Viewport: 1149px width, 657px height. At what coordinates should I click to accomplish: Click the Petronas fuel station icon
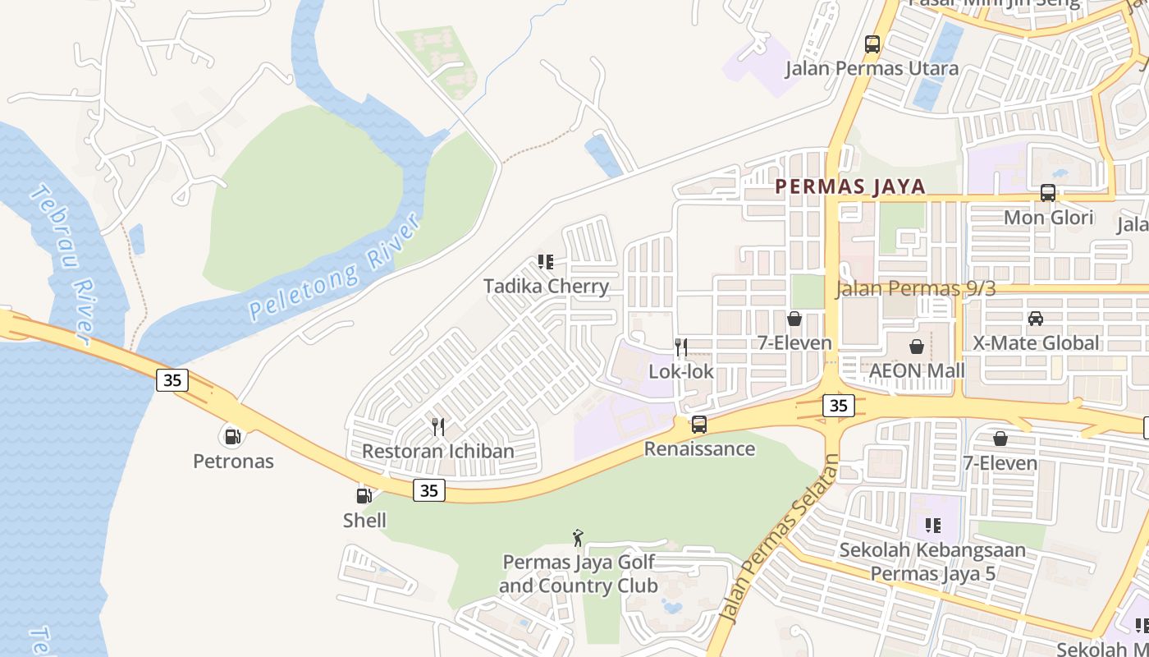pos(233,436)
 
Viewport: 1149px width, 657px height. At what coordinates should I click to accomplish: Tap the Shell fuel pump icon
pos(364,495)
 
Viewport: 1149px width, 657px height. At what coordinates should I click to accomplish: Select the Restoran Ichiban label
pos(437,451)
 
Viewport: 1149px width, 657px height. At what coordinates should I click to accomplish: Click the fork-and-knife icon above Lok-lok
pos(680,347)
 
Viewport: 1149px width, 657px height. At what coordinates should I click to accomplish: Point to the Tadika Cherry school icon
pos(546,262)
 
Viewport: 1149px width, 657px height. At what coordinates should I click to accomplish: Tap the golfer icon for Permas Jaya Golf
pos(578,538)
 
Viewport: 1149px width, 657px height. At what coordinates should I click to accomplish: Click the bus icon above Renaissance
pos(699,425)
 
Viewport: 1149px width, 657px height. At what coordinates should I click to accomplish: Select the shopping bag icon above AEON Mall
pos(917,347)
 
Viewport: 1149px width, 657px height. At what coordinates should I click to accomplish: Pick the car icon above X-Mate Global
pos(1035,319)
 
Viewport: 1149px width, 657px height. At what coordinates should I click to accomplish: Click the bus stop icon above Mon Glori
pos(1048,193)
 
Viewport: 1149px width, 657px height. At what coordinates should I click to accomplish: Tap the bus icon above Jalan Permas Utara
pos(872,44)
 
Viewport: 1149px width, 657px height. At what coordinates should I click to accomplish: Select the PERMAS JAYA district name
pos(850,186)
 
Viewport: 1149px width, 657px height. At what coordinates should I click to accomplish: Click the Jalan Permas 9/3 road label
pos(915,288)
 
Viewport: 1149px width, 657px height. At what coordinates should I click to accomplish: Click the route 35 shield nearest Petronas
pos(172,380)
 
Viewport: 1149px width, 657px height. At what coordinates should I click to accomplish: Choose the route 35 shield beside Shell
pos(428,490)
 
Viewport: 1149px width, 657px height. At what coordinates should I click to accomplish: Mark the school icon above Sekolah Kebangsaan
pos(932,525)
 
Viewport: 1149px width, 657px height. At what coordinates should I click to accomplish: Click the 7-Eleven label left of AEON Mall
pos(794,342)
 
